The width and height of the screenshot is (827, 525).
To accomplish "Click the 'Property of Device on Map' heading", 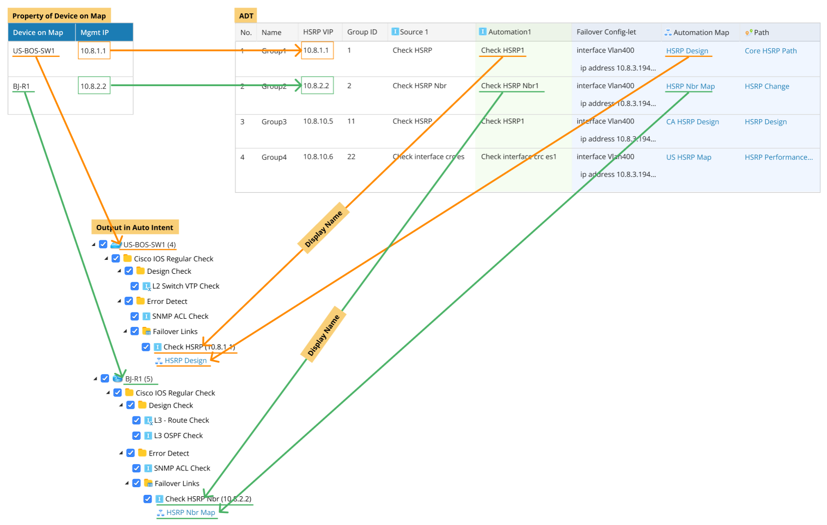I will click(x=59, y=16).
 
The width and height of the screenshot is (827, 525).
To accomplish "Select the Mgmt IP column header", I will click(x=94, y=33).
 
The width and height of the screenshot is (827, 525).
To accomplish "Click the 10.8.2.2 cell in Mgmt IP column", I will click(x=94, y=86).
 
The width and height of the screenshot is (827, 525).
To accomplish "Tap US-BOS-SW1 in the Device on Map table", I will click(x=34, y=51).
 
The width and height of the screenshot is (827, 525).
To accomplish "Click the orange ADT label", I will click(x=246, y=16).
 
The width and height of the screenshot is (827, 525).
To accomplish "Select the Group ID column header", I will click(x=362, y=32).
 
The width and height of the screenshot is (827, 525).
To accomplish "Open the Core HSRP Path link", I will click(x=770, y=51).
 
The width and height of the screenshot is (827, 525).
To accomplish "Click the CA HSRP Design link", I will click(x=692, y=122).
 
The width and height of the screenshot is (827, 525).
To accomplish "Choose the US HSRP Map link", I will click(x=688, y=157).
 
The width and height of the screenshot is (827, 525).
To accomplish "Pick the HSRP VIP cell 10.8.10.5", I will click(x=318, y=121).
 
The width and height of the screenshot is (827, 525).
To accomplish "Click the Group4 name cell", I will click(x=274, y=157).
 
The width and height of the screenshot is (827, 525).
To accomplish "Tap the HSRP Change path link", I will click(x=766, y=86).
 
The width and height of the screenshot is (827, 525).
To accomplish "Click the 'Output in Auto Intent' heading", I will click(x=134, y=227).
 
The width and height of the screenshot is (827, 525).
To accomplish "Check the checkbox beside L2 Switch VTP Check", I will click(x=135, y=286).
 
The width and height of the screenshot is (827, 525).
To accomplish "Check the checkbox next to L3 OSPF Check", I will click(x=136, y=436).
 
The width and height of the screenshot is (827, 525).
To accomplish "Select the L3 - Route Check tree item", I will click(x=181, y=420).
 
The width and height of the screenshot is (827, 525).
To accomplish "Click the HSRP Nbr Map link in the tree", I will click(x=190, y=512).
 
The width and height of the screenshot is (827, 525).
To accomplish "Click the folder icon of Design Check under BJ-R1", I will click(x=142, y=405).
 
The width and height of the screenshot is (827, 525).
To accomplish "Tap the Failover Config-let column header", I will click(x=606, y=32).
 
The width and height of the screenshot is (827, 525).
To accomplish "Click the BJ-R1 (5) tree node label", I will click(x=139, y=379).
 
